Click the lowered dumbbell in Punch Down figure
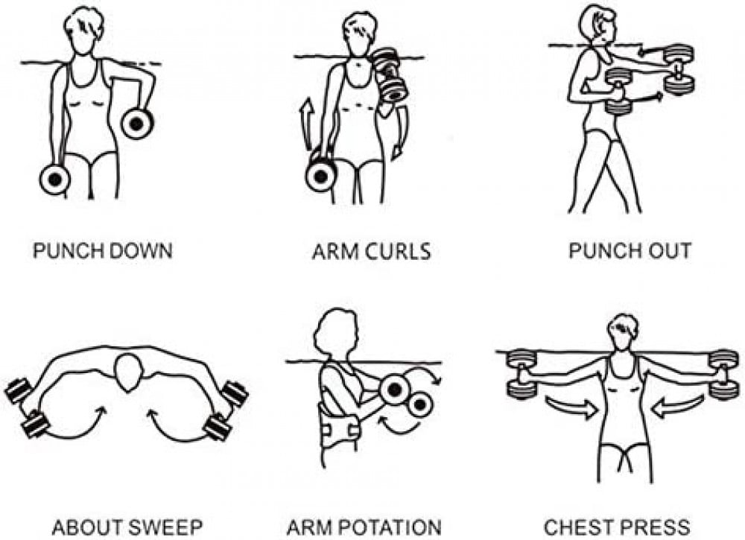tap(55, 180)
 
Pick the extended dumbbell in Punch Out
tap(679, 70)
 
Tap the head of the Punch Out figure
tap(597, 27)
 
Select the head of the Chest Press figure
tap(623, 331)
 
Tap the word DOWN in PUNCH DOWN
tap(139, 251)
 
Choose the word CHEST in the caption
tap(581, 527)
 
